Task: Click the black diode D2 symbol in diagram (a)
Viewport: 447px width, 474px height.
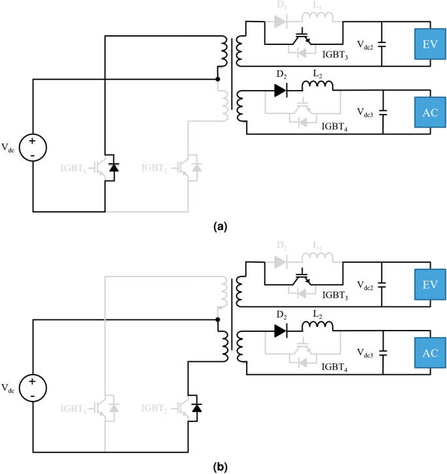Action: [281, 91]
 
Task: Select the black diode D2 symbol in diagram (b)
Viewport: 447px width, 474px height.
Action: [281, 331]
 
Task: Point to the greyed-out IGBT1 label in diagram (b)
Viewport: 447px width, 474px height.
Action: [77, 408]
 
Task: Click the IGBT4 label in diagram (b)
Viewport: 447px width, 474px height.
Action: [335, 367]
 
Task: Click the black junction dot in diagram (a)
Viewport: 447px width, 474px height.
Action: [217, 80]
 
